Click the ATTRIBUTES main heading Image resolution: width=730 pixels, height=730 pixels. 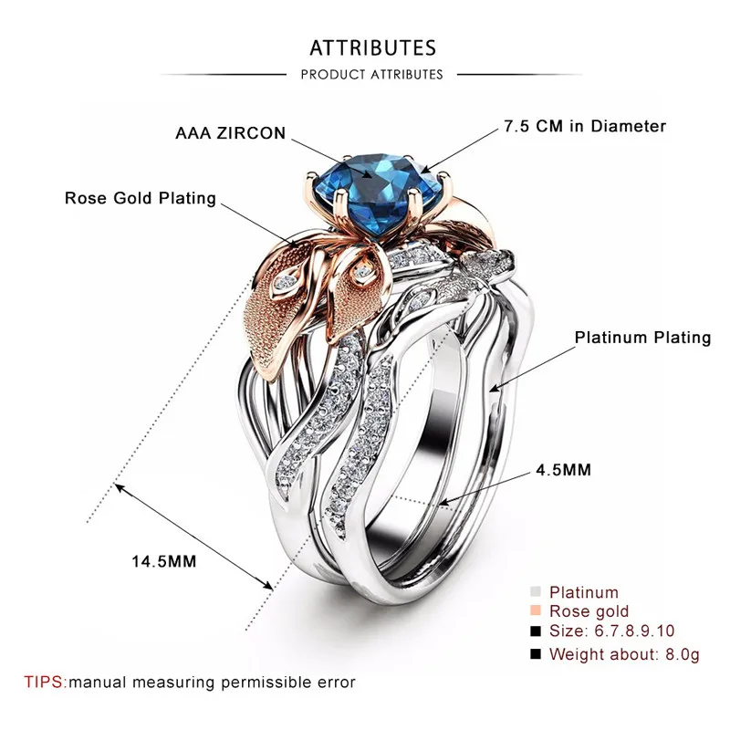click(373, 48)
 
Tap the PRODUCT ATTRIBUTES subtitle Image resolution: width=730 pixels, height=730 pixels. click(371, 75)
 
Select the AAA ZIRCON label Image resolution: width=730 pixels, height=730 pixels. click(231, 133)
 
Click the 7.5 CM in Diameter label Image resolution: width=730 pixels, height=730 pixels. click(585, 126)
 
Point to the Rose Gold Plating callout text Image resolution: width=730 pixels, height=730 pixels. click(141, 198)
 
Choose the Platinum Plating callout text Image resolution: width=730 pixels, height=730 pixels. click(643, 338)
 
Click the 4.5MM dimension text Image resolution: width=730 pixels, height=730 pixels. click(563, 470)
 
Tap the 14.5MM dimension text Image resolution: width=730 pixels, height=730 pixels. click(164, 561)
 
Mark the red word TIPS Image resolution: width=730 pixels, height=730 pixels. click(44, 682)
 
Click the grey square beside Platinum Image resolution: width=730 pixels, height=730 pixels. click(536, 591)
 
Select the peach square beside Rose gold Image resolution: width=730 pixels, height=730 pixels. click(536, 610)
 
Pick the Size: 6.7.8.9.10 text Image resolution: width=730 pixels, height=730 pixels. click(611, 631)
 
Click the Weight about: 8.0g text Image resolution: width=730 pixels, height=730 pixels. click(624, 654)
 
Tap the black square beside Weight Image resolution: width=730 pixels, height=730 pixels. click(536, 653)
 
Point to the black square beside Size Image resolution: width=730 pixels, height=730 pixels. click(536, 631)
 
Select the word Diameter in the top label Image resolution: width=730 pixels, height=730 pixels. click(629, 126)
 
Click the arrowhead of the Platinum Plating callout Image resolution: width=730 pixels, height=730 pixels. click(495, 388)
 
